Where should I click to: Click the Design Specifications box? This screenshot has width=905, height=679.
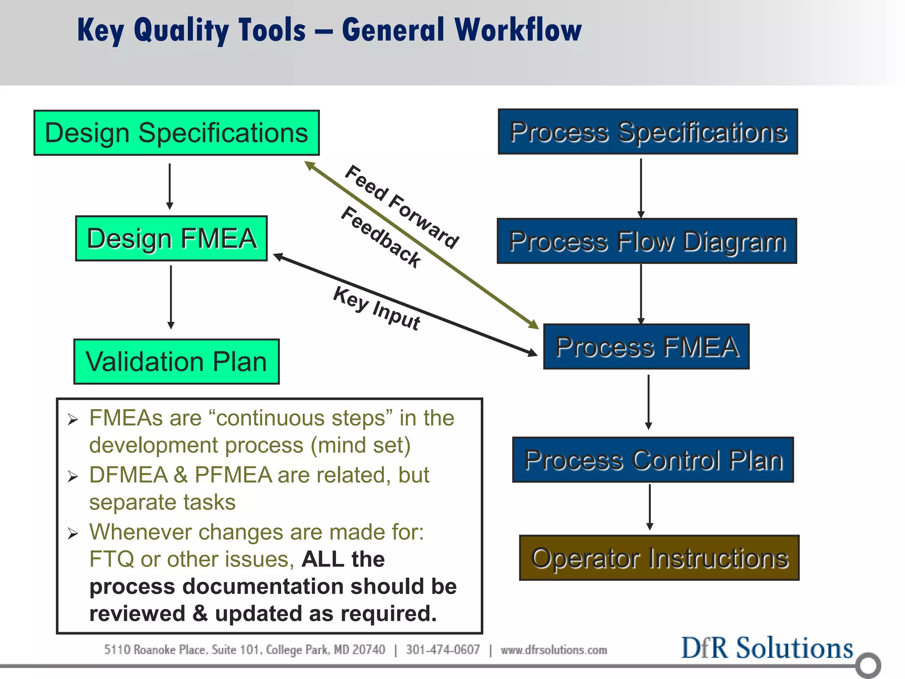(176, 133)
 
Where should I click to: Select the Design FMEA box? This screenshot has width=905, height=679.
(171, 239)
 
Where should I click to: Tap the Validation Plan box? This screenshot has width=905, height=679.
(176, 362)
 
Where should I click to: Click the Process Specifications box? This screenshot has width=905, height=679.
(648, 132)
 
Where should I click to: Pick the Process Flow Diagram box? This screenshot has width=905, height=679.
(647, 241)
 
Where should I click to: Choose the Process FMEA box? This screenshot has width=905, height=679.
(646, 347)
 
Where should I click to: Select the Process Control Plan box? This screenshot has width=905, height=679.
(653, 460)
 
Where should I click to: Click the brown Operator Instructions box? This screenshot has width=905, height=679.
(659, 558)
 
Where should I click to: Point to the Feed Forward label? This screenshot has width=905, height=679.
(401, 206)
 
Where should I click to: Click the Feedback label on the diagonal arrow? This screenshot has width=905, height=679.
(381, 237)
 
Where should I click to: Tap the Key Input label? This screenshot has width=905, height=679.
(376, 308)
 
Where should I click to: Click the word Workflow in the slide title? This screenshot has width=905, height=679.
(518, 30)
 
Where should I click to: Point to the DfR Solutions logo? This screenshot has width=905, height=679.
(767, 648)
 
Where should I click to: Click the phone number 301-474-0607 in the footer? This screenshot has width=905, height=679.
(443, 650)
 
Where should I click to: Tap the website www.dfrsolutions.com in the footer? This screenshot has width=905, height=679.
(554, 650)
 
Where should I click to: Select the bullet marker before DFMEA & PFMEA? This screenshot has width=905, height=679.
(73, 477)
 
